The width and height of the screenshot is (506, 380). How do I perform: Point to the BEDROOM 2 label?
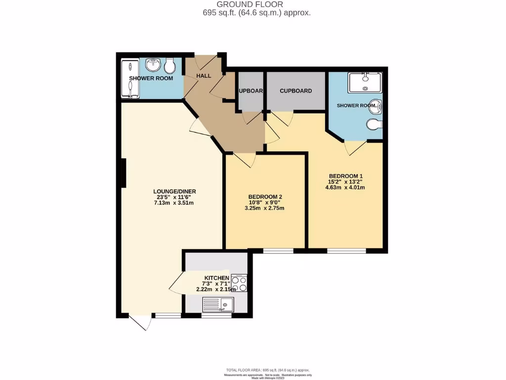pyautogui.click(x=265, y=197)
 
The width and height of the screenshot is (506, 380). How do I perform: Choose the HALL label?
pyautogui.click(x=204, y=76)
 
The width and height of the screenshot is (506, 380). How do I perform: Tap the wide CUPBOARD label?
pyautogui.click(x=295, y=91)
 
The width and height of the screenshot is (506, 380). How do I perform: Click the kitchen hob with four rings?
pyautogui.click(x=239, y=284)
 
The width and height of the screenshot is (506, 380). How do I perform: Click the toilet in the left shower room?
pyautogui.click(x=169, y=66)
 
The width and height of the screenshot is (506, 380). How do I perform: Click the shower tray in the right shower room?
pyautogui.click(x=365, y=83)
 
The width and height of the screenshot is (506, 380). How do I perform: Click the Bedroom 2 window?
pyautogui.click(x=278, y=251)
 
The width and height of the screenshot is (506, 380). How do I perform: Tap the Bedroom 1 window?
pyautogui.click(x=346, y=251)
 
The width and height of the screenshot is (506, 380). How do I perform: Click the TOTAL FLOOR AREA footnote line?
pyautogui.click(x=268, y=370)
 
